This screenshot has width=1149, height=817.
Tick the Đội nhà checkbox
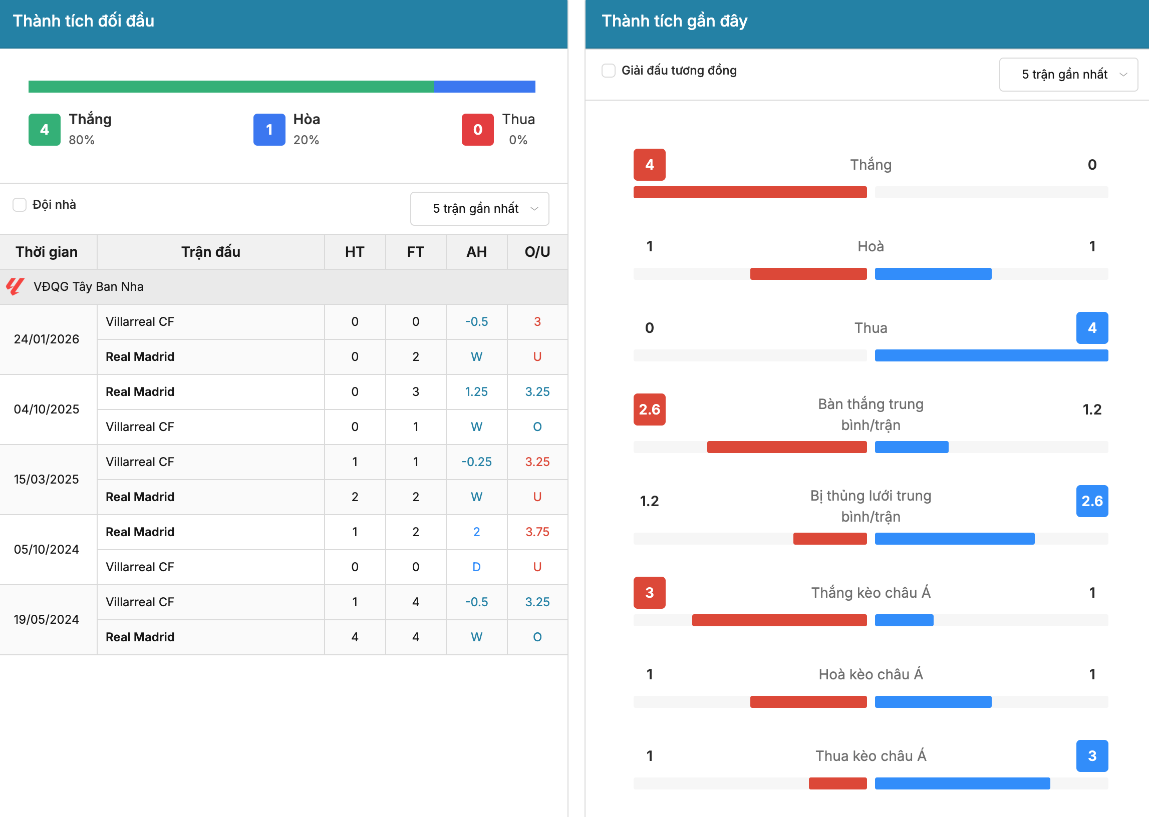[x=19, y=205]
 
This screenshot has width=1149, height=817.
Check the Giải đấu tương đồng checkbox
[x=609, y=71]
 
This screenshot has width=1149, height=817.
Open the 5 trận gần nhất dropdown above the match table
[x=480, y=209]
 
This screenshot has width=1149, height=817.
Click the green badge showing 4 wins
[x=44, y=130]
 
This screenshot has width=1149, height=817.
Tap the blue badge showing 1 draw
[x=269, y=130]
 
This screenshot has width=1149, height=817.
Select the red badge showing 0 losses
[x=478, y=130]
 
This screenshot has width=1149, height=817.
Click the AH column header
[x=477, y=251]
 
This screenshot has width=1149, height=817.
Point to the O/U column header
[x=537, y=251]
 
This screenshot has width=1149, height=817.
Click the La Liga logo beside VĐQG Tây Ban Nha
[x=15, y=286]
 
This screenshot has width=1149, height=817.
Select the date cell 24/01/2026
[x=46, y=339]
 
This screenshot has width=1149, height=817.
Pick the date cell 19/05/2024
[x=46, y=619]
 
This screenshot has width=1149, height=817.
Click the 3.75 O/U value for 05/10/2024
[x=537, y=532]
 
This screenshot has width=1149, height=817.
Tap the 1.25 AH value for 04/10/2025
[x=477, y=391]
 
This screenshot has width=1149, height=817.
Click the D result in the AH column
[x=477, y=567]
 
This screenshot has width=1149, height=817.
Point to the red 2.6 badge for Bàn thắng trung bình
[x=649, y=410]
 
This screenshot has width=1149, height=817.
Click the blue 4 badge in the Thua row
[x=1092, y=328]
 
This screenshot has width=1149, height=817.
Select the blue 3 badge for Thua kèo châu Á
[x=1092, y=755]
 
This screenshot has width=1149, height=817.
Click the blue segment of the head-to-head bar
[x=485, y=87]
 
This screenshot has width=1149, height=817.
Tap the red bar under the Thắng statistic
[x=750, y=192]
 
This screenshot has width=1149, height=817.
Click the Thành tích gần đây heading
[x=674, y=21]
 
